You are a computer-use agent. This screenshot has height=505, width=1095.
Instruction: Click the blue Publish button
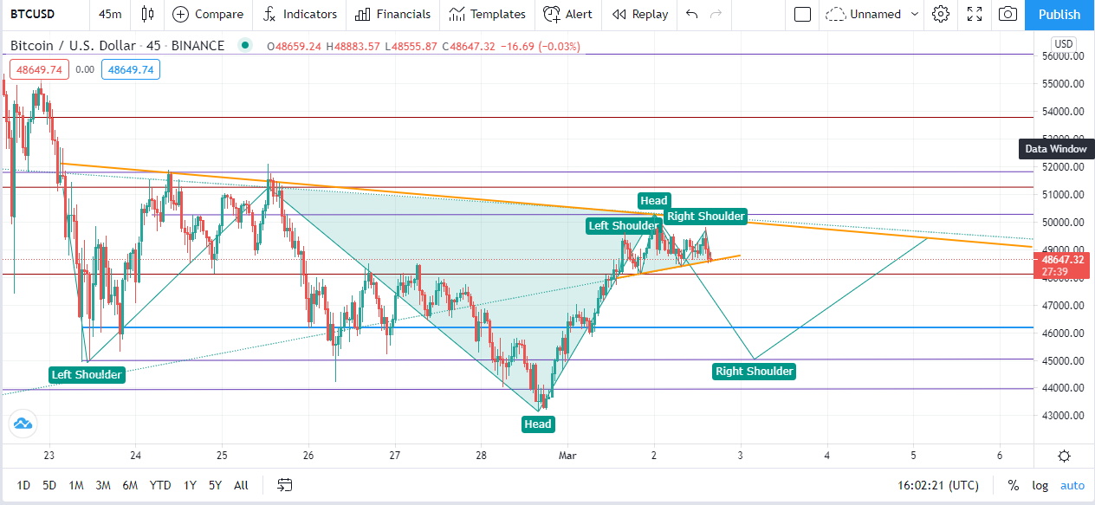tap(1059, 15)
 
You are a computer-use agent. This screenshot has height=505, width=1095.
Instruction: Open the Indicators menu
tap(300, 15)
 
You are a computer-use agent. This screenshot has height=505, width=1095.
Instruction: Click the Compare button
tap(208, 15)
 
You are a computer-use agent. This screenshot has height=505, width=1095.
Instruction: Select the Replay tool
tap(640, 15)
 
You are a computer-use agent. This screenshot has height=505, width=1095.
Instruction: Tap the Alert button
tap(567, 15)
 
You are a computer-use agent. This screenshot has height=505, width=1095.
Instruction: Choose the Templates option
tap(487, 15)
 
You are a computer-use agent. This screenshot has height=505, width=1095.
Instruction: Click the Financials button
tap(392, 15)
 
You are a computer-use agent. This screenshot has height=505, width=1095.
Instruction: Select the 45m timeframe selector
tap(110, 15)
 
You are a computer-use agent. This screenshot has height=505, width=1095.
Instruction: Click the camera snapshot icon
tap(1008, 14)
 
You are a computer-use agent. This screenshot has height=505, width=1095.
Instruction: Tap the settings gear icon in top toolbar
tap(941, 14)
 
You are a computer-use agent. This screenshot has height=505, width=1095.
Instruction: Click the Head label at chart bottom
tap(538, 424)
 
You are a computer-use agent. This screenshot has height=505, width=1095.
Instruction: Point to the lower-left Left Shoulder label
tap(87, 375)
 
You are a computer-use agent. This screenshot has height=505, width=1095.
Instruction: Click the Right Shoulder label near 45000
tap(754, 372)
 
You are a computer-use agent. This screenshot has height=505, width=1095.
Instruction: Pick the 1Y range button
tap(190, 485)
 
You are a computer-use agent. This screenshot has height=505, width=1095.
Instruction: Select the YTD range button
tap(160, 485)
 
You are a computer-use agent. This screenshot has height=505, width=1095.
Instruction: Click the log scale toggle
tap(1040, 485)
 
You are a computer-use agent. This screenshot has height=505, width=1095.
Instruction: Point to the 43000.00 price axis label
tap(1062, 416)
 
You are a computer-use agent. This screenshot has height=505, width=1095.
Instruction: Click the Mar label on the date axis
tap(567, 456)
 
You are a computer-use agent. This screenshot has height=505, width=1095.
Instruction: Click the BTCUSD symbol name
tap(32, 14)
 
